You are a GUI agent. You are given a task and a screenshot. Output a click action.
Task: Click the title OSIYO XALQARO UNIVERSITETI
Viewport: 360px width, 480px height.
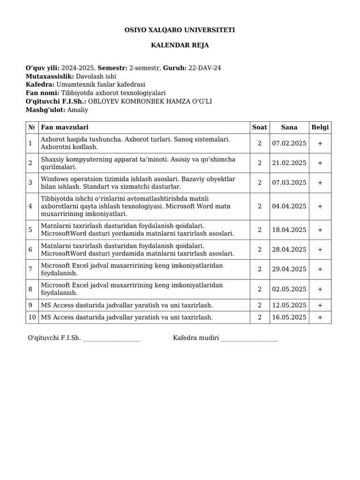click(x=180, y=30)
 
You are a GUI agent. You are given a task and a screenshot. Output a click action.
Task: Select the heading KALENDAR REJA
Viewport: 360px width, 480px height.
click(x=180, y=45)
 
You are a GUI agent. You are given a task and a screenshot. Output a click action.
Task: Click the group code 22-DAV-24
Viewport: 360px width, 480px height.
click(x=204, y=68)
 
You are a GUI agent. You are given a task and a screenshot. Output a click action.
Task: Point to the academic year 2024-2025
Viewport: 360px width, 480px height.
click(x=78, y=68)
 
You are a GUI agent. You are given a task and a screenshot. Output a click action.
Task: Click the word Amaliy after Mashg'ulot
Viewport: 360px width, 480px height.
click(x=78, y=110)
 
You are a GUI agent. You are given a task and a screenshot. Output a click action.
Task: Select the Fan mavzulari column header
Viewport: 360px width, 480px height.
click(x=65, y=127)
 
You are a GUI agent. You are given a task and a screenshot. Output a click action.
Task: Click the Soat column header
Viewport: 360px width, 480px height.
click(x=259, y=127)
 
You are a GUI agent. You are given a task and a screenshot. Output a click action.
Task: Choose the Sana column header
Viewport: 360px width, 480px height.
click(x=289, y=127)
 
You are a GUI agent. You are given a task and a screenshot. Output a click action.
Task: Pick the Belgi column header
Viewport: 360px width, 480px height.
click(x=320, y=127)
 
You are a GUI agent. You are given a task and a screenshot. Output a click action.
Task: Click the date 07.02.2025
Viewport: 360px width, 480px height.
click(x=289, y=143)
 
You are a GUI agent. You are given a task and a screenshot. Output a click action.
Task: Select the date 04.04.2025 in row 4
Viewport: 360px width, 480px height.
click(x=289, y=206)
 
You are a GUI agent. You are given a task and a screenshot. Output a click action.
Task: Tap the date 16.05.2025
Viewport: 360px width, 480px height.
click(x=289, y=317)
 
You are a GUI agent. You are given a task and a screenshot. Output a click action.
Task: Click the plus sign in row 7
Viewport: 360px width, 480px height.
click(x=320, y=270)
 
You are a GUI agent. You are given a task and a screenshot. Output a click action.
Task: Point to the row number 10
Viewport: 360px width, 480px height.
click(x=32, y=317)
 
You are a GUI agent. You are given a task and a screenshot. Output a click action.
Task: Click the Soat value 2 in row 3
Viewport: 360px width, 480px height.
click(x=259, y=183)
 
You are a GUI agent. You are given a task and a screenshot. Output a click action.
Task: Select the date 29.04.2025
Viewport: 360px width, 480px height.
click(x=289, y=270)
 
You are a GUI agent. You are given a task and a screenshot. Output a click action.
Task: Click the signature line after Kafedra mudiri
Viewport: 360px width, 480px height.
click(x=249, y=338)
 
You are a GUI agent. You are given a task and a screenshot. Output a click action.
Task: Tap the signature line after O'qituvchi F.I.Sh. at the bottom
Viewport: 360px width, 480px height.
click(x=111, y=338)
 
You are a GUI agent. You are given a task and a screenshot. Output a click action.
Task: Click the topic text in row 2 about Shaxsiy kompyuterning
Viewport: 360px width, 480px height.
click(x=138, y=163)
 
